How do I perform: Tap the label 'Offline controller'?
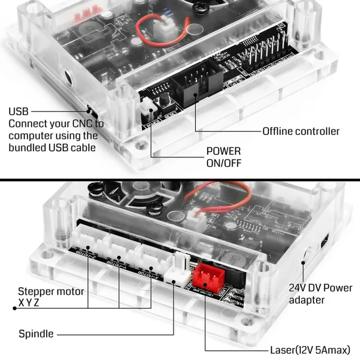[x=301, y=131]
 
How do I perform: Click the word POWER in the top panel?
[x=223, y=151]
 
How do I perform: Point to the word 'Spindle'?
[x=36, y=334]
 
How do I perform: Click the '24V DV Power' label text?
[x=321, y=288]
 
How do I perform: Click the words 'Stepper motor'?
[x=51, y=291]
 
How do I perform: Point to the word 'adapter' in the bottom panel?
[x=307, y=300]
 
